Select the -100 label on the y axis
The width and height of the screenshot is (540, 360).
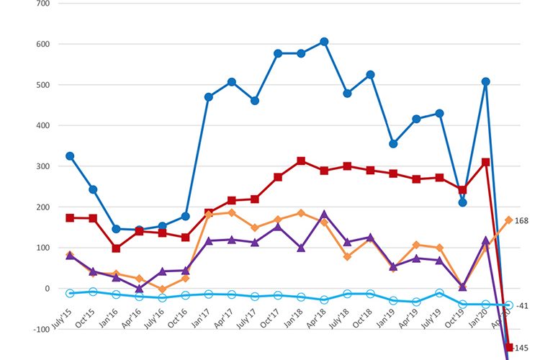tap(40, 329)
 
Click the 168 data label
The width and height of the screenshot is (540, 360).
tap(522, 221)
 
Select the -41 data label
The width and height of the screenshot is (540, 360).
tap(522, 306)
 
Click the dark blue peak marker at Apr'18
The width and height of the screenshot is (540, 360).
tap(324, 42)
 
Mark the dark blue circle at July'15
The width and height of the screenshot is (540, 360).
tap(70, 156)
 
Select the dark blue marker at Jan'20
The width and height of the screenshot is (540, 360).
tap(486, 81)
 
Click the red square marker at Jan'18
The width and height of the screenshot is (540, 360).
tap(301, 161)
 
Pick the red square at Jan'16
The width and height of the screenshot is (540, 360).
tap(116, 248)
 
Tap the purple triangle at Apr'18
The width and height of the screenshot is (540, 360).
tap(324, 215)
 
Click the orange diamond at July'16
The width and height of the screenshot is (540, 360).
tap(162, 289)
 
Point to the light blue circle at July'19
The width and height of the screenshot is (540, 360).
tap(439, 293)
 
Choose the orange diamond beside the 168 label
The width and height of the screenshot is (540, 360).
tap(508, 220)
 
